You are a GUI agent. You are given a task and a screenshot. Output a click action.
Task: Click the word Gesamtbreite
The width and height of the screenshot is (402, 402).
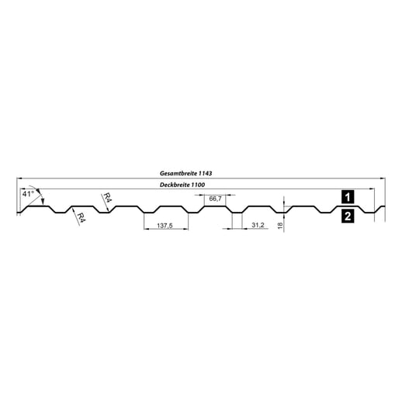[x=175, y=173]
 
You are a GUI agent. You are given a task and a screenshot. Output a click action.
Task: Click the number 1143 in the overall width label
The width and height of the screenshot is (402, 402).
[x=204, y=173]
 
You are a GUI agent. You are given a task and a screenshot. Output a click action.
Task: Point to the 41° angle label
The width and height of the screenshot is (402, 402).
[x=29, y=192]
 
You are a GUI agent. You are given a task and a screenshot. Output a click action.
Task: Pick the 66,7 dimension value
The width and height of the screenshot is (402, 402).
[x=216, y=199]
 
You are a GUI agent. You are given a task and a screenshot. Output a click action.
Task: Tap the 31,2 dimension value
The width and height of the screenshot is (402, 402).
[x=258, y=225]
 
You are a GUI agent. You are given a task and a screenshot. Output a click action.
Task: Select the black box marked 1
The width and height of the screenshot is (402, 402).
[x=348, y=196]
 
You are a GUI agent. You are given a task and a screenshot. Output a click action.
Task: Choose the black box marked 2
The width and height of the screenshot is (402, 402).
[x=348, y=217]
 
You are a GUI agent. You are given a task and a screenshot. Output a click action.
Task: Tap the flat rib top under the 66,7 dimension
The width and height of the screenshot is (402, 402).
[x=215, y=207]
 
